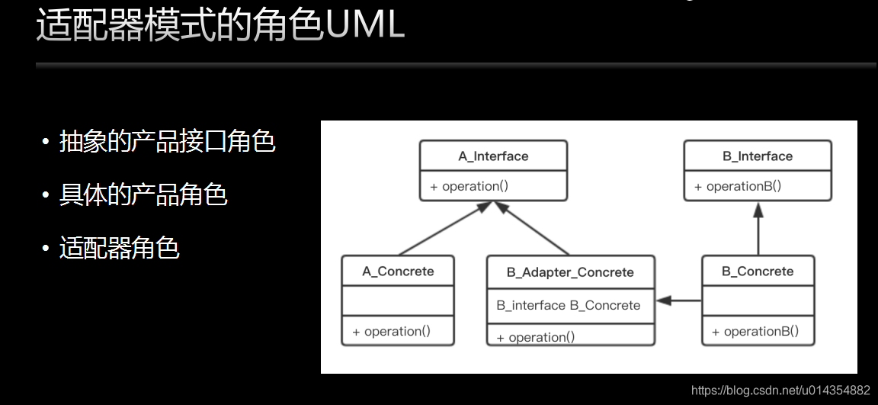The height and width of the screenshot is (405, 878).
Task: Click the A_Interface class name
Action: point(493,156)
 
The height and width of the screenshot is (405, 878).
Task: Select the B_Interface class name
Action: point(758,156)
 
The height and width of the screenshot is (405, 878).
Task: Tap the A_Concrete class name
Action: point(398,272)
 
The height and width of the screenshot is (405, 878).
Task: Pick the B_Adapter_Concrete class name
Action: point(570,273)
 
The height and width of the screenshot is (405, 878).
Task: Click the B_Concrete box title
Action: point(758,272)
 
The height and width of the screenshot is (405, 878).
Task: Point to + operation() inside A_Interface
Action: point(469,187)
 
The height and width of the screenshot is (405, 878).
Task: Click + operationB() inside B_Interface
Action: point(738,187)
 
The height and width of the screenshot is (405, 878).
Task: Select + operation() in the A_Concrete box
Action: point(392,332)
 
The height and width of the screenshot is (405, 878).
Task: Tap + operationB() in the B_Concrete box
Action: point(755,332)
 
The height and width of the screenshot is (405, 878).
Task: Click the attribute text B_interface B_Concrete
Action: point(569,306)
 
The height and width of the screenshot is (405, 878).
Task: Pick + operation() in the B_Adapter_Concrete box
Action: point(536,337)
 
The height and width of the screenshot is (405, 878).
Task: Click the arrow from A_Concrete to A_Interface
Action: point(446,228)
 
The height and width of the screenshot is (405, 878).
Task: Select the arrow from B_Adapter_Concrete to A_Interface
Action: point(531,228)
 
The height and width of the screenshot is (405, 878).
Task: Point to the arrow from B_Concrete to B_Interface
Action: point(758,229)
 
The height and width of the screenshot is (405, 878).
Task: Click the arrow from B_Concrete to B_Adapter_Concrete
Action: point(678,301)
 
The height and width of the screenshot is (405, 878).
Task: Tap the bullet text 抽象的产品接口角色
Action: point(168,143)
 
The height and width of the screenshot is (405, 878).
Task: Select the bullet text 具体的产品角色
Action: point(143,195)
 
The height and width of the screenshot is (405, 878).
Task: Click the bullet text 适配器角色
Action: point(119,248)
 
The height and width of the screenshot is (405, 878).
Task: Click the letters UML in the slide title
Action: point(364,25)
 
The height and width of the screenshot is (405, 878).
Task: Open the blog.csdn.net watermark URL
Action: point(780,390)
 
